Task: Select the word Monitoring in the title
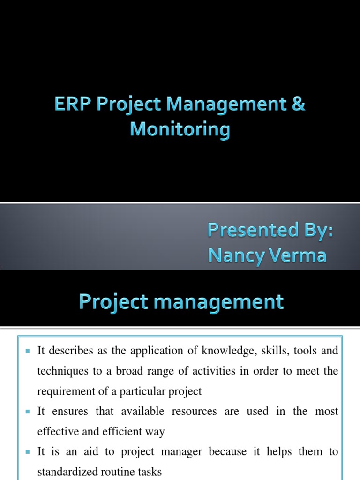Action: pyautogui.click(x=180, y=129)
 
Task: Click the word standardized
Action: pyautogui.click(x=67, y=472)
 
